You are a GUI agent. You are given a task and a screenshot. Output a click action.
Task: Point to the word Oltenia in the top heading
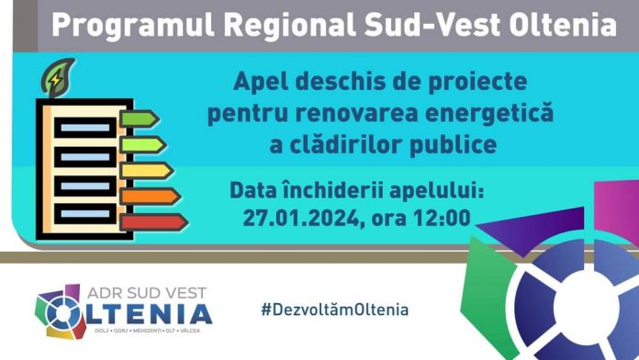click(563, 25)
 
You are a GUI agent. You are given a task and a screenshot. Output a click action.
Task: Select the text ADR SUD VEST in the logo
click(155, 292)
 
